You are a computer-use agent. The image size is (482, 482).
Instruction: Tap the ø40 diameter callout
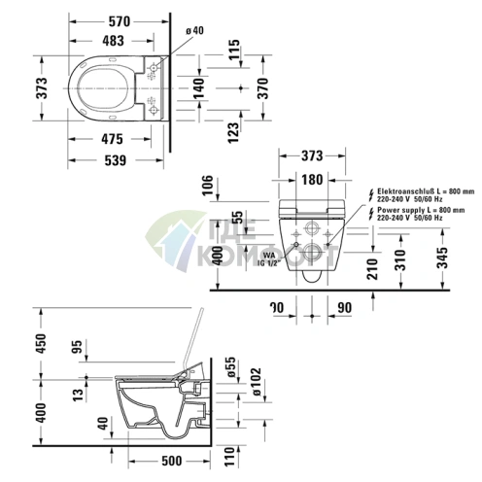pyautogui.click(x=193, y=32)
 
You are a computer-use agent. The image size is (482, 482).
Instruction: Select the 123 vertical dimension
pyautogui.click(x=234, y=130)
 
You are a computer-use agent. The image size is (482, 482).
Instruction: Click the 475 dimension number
pyautogui.click(x=116, y=138)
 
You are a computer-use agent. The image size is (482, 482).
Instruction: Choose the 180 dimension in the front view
pyautogui.click(x=311, y=179)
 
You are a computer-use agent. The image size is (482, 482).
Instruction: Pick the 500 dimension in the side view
pyautogui.click(x=173, y=461)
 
